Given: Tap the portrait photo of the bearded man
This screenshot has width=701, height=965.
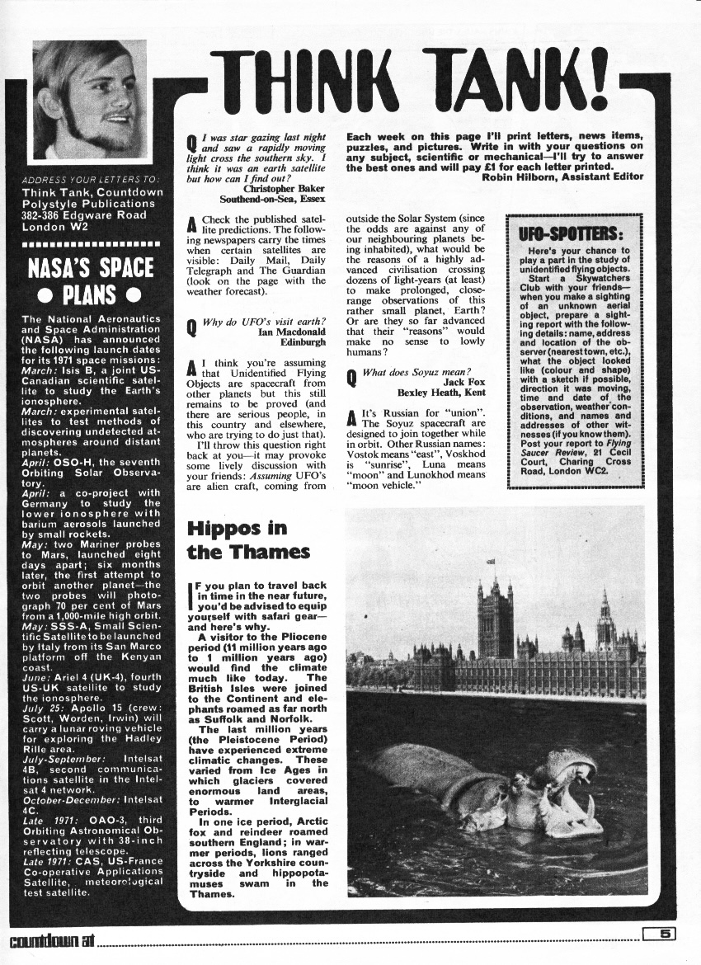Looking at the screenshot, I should pos(90,99).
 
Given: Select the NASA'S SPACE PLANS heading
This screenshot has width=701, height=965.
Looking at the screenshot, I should pos(90,280).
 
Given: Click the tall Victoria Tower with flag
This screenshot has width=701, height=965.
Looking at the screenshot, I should pos(494,614).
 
